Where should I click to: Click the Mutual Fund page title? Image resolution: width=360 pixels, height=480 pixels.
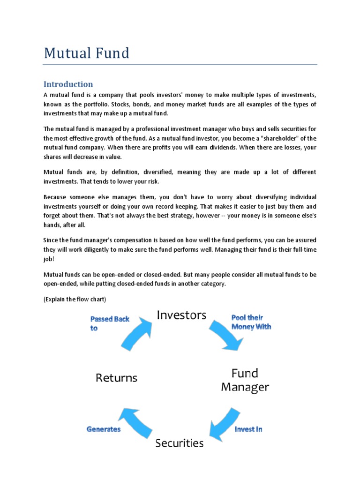pos(86,53)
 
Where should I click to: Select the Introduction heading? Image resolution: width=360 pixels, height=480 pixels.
pos(68,84)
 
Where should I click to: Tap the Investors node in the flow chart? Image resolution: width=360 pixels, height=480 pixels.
pos(181,315)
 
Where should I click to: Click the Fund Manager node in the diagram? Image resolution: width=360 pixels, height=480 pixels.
pos(245,380)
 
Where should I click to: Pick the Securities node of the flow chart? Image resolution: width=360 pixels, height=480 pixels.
pos(180,443)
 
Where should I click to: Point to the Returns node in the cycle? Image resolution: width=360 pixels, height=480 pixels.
pos(116,377)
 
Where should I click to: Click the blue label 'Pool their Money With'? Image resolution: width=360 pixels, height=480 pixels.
pos(251,322)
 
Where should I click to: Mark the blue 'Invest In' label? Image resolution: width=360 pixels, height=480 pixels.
pos(248,429)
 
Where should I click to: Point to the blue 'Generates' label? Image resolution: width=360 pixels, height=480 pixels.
pos(103,429)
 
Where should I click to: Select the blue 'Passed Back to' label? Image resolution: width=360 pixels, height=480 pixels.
pos(109,323)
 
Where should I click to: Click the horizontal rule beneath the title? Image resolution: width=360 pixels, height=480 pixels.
pos(180,65)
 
